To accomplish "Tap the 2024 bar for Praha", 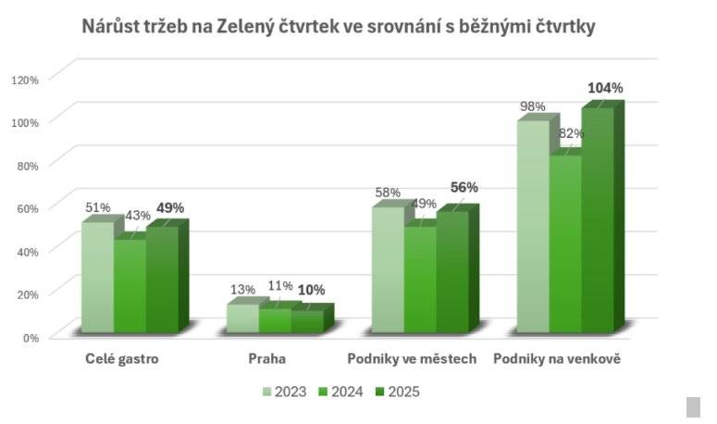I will click(275, 320).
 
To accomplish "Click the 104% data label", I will click(605, 88).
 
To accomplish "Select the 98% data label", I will click(532, 106).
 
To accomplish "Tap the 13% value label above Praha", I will click(241, 290).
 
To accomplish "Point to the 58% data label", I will click(388, 193).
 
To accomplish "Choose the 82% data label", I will click(571, 133).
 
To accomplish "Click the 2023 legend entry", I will click(283, 392).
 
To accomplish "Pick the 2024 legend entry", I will click(339, 392).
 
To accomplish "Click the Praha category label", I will click(267, 358).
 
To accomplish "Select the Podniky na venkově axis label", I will click(558, 358).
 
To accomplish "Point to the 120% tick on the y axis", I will click(25, 80).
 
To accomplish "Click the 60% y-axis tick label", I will click(28, 208).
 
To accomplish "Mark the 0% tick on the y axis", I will click(31, 337).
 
